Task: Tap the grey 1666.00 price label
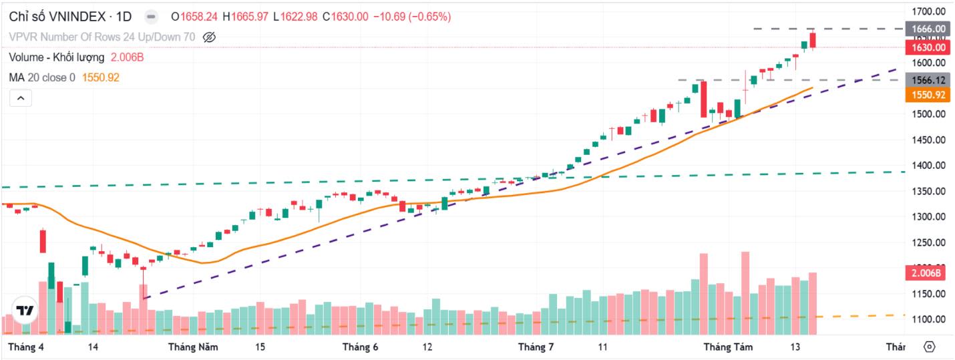pyautogui.click(x=928, y=29)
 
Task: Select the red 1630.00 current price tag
pyautogui.click(x=928, y=47)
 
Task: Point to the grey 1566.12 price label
pyautogui.click(x=928, y=80)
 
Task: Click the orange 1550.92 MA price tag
pyautogui.click(x=928, y=95)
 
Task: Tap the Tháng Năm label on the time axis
pyautogui.click(x=193, y=347)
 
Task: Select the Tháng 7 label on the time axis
pyautogui.click(x=536, y=347)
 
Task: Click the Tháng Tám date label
pyautogui.click(x=729, y=347)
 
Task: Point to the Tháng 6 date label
pyautogui.click(x=360, y=347)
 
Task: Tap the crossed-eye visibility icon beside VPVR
pyautogui.click(x=209, y=37)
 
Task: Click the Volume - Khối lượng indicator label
pyautogui.click(x=56, y=57)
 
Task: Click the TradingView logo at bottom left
pyautogui.click(x=25, y=311)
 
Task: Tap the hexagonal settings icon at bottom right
pyautogui.click(x=930, y=347)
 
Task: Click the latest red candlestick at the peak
pyautogui.click(x=813, y=40)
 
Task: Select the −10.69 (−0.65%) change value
pyautogui.click(x=412, y=17)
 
